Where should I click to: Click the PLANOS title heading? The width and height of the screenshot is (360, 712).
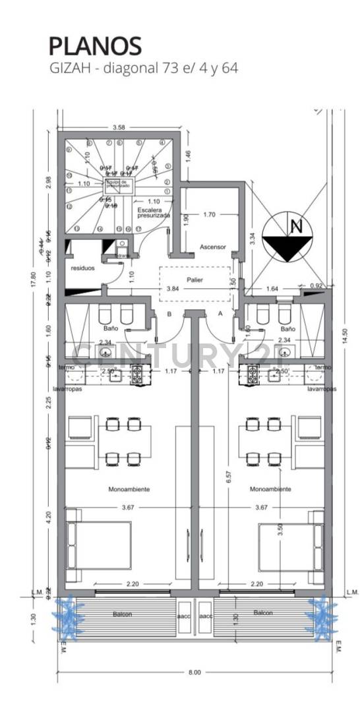click(95, 46)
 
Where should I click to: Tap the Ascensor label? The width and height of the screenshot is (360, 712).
click(213, 247)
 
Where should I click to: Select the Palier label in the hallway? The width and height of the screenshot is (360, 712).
click(195, 280)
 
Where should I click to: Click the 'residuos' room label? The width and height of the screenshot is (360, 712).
click(83, 268)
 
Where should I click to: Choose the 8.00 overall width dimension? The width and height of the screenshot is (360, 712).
click(193, 672)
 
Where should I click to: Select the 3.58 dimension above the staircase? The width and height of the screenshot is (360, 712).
click(119, 127)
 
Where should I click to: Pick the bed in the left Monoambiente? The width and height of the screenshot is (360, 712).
click(99, 546)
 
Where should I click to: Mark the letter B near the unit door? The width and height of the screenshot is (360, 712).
click(169, 314)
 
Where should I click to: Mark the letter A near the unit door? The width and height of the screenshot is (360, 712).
click(221, 314)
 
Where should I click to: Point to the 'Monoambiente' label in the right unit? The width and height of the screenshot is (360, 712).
click(271, 489)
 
